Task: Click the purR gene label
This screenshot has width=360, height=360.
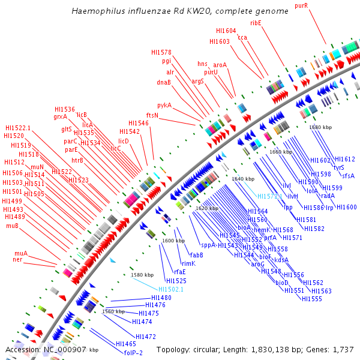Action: [x=301, y=5]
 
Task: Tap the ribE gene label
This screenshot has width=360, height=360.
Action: [x=256, y=22]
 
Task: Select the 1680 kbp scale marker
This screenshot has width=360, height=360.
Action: [x=320, y=127]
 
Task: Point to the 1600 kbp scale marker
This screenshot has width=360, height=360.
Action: [x=173, y=241]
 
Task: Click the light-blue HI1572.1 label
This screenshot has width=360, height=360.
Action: [x=270, y=196]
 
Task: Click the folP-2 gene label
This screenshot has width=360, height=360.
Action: [x=133, y=353]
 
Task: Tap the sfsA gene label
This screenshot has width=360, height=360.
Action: [x=348, y=176]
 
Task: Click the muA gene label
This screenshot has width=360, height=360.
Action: [x=21, y=253]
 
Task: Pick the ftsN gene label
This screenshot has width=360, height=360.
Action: [x=152, y=115]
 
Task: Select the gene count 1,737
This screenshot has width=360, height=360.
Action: [x=343, y=349]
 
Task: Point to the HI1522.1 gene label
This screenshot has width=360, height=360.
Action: [x=18, y=128]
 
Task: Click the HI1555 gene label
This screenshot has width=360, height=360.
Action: [x=312, y=299]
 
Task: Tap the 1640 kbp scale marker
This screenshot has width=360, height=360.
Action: [x=243, y=179]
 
